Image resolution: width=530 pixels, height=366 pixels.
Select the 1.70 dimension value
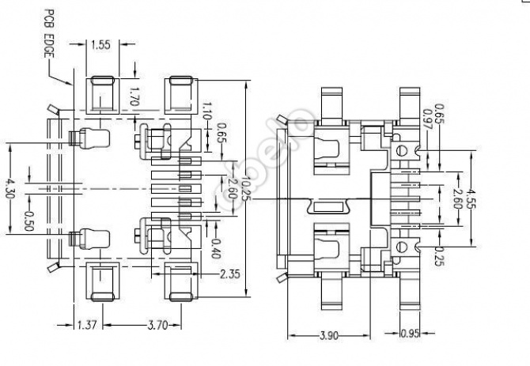[x=134, y=98]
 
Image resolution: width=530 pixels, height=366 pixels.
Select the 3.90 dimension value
[x=330, y=335]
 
